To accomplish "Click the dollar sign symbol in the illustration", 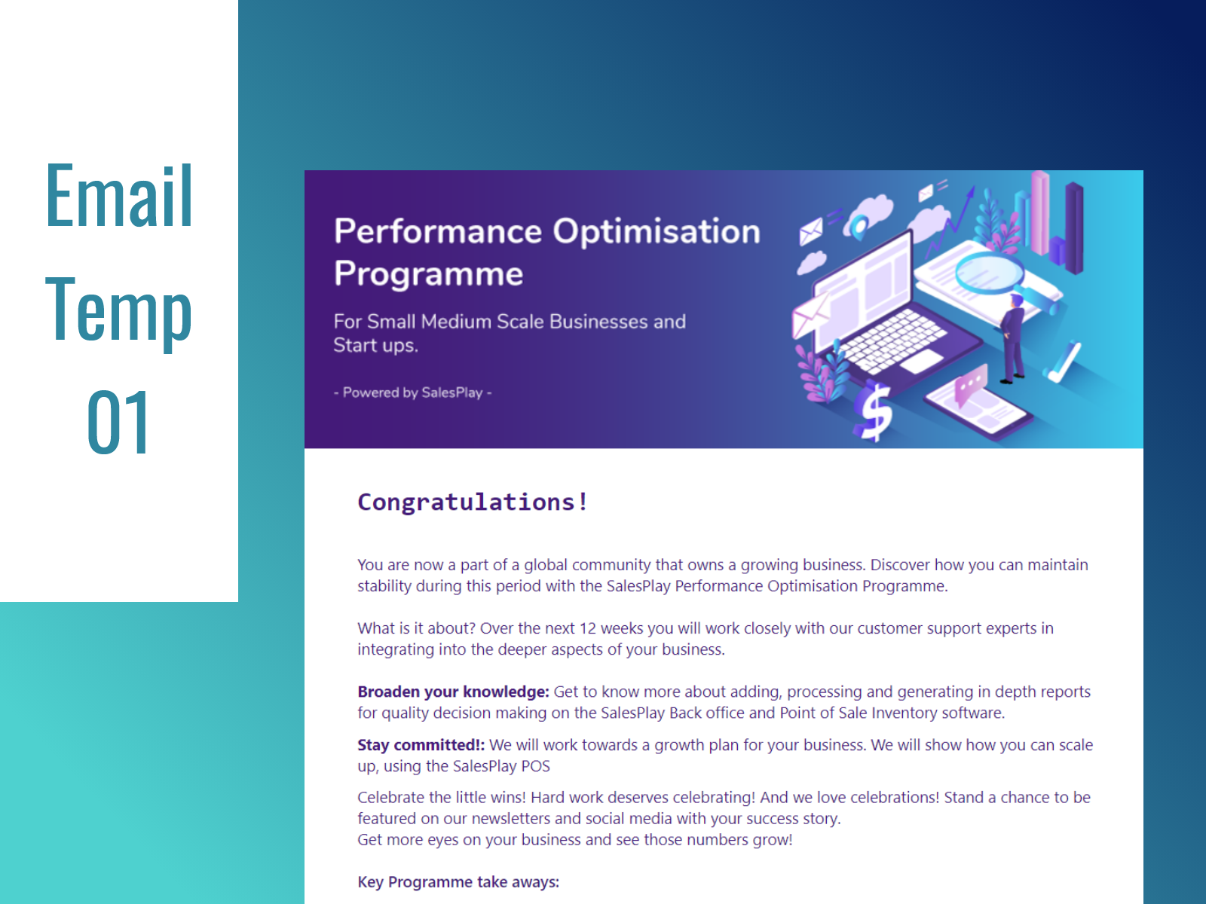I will (x=875, y=411).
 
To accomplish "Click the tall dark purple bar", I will (x=1074, y=226).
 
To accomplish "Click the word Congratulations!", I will (x=473, y=502).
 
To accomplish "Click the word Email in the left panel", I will (x=119, y=197).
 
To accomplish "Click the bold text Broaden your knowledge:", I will (x=453, y=692).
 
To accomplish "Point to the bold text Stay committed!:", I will (x=421, y=745).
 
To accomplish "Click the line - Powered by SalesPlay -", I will (x=412, y=392).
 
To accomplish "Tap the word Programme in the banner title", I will (x=428, y=274).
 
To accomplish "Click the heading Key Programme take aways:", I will (x=458, y=882).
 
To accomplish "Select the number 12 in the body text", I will (x=587, y=628).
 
